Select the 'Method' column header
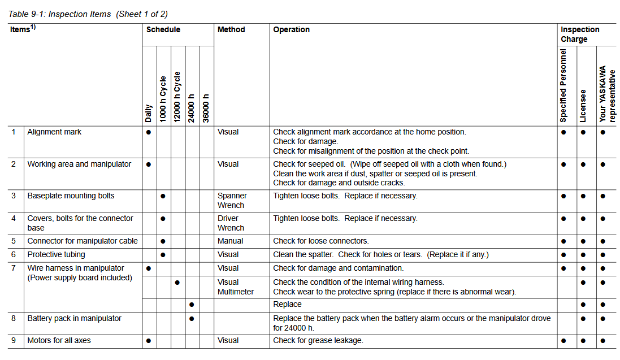point(231,29)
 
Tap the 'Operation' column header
point(291,29)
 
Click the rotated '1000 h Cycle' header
point(163,99)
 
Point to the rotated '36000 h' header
point(206,107)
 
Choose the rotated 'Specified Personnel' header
point(563,85)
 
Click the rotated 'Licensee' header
point(583,106)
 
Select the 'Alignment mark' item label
point(54,132)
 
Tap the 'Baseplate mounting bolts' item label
point(71,196)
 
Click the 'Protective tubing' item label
point(56,254)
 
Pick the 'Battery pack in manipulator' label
point(74,318)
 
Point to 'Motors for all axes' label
point(59,340)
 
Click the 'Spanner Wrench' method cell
point(232,201)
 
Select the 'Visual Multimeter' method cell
point(235,287)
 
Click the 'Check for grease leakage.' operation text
point(318,340)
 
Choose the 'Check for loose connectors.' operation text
point(320,241)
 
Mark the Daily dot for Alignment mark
point(148,132)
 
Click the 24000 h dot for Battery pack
point(192,319)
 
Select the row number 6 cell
point(14,254)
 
